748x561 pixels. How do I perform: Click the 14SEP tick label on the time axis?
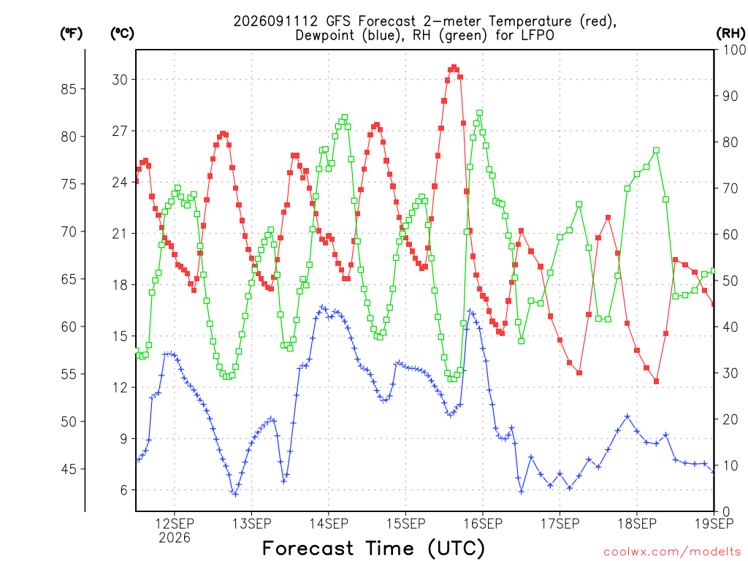[329, 524]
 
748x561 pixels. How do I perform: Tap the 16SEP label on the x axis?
[483, 524]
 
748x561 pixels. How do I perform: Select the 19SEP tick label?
[714, 524]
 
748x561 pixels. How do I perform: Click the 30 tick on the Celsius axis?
[121, 80]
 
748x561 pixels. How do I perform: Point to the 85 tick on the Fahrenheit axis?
[69, 88]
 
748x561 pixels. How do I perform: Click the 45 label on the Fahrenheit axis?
[69, 470]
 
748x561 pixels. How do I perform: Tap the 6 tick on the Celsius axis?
[124, 490]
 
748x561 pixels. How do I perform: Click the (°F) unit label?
[71, 34]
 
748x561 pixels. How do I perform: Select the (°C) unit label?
[122, 34]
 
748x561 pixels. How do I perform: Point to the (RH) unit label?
[730, 34]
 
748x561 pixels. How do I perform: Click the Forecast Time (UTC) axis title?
[373, 549]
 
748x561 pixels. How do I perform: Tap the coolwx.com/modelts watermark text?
[672, 552]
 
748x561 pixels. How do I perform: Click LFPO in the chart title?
[538, 36]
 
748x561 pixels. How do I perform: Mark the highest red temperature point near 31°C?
[454, 68]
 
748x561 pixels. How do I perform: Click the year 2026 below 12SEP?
[175, 538]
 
